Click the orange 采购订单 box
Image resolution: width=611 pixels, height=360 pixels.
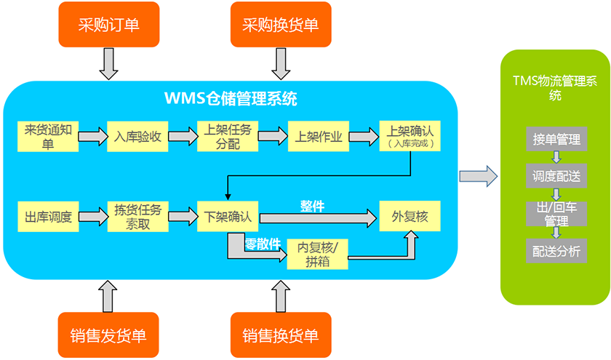108,25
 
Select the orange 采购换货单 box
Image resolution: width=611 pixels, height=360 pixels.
280,25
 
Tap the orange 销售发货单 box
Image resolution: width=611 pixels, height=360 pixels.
108,335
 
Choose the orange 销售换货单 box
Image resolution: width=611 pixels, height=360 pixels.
280,335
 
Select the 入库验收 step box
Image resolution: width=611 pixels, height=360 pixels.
137,136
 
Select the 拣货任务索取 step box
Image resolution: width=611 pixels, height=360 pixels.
137,217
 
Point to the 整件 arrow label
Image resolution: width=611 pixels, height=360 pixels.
312,206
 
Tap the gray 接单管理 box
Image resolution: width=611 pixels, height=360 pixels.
556,139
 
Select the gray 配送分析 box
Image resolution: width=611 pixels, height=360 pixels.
556,250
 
